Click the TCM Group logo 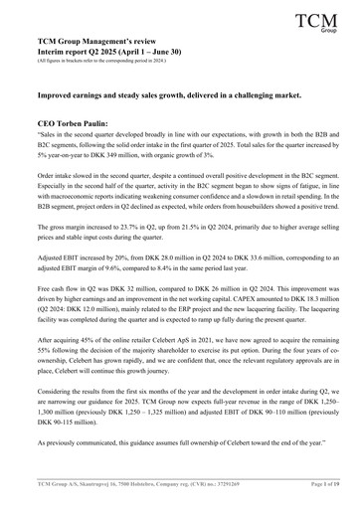point(317,23)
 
